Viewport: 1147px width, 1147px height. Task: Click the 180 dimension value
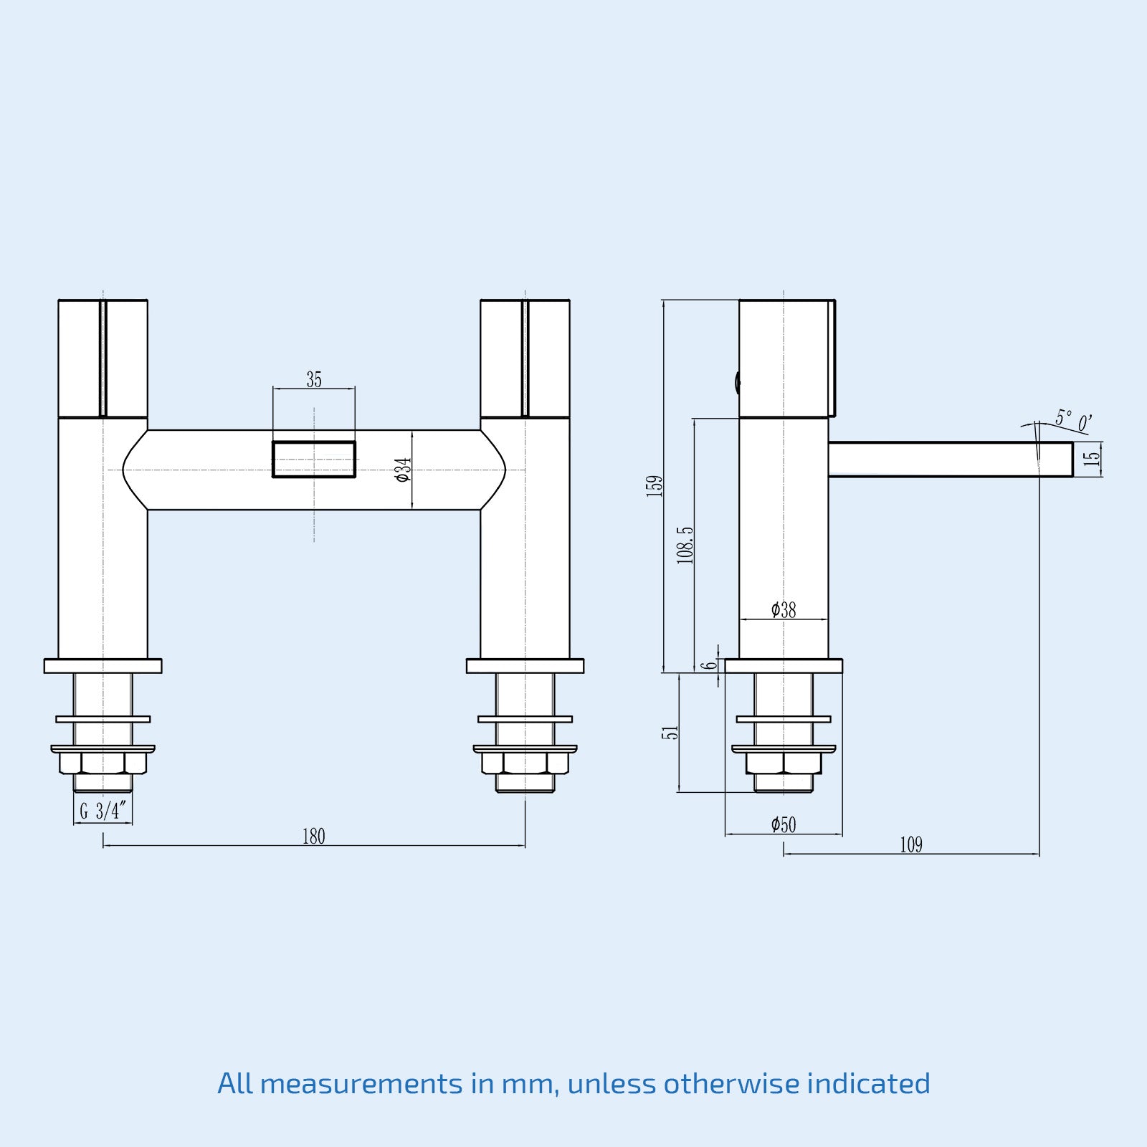pos(313,836)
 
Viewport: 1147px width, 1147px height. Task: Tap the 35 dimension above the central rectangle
pos(314,379)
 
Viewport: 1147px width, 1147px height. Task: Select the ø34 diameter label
pos(404,470)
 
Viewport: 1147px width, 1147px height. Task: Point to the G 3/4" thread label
pos(103,811)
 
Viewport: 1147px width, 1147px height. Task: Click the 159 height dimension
pos(655,485)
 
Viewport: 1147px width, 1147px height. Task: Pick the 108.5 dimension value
pos(685,545)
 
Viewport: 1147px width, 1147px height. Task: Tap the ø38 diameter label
pos(784,609)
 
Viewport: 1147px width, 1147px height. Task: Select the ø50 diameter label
pos(784,824)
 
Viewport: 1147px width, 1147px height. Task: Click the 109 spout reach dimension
pos(911,844)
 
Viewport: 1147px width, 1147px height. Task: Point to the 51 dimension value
pos(670,732)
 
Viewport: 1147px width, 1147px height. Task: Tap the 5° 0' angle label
pos(1073,421)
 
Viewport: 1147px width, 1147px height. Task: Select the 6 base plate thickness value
pos(709,665)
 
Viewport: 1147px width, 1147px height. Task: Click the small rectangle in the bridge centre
pos(314,460)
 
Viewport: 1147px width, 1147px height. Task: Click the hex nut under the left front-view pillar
pos(103,762)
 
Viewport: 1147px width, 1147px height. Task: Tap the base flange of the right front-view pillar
pos(525,666)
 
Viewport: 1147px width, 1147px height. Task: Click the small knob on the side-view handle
pos(737,382)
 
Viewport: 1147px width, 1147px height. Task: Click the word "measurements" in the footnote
pos(361,1083)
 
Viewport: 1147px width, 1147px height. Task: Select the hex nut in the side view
pos(784,762)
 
